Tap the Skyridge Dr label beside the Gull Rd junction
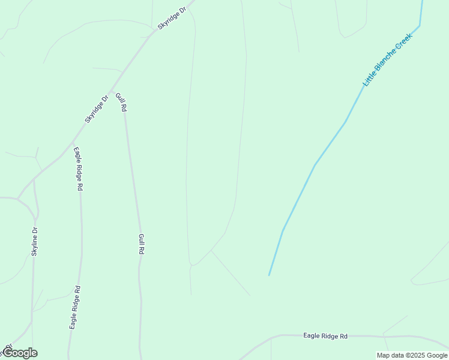tap(97, 109)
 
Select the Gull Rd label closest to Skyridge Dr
tap(121, 102)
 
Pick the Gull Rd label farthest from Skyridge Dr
tap(142, 245)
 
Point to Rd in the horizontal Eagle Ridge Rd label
tap(343, 337)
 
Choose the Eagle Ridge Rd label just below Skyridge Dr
tap(78, 169)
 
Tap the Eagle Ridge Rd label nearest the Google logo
tap(75, 307)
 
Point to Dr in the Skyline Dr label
tap(35, 230)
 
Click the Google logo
tap(20, 353)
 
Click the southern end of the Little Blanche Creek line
tap(269, 275)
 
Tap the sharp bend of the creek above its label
tap(420, 26)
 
